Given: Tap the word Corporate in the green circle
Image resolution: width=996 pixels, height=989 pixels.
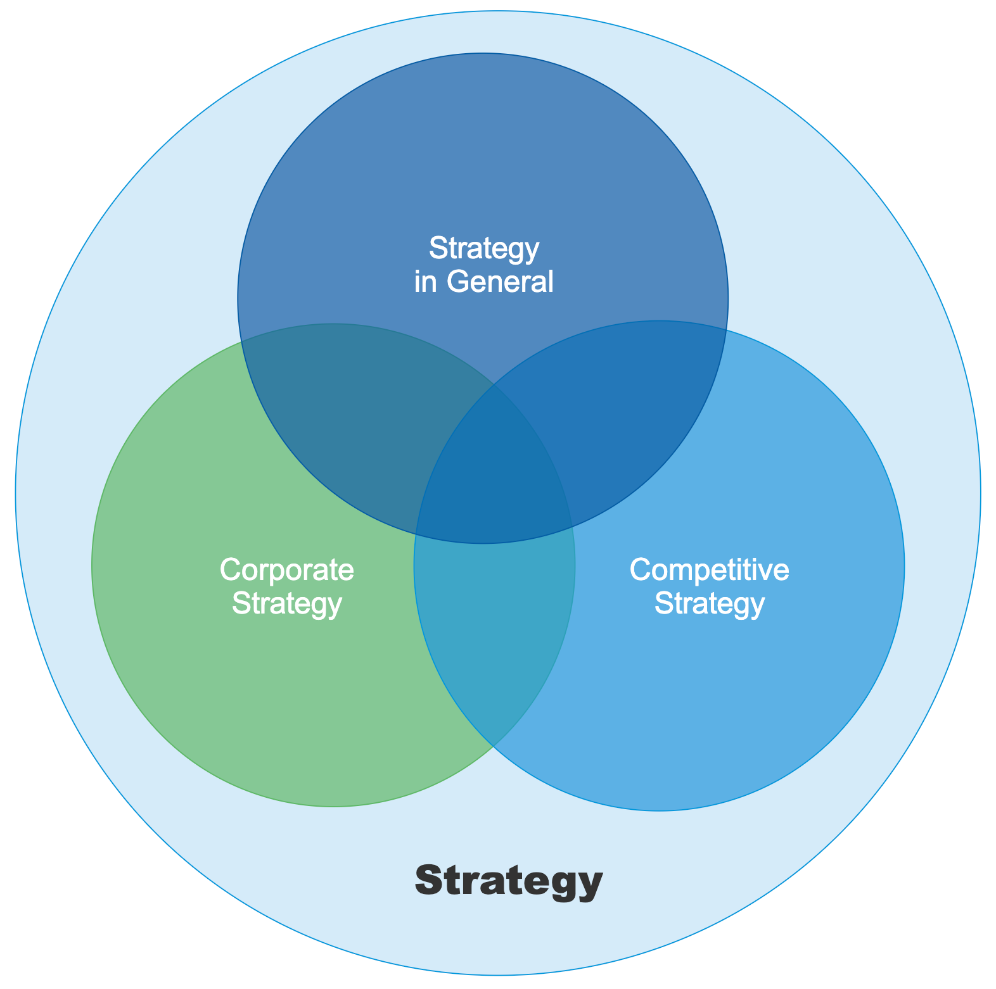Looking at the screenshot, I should (287, 570).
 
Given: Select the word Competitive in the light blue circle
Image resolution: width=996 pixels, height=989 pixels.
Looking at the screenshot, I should (710, 570).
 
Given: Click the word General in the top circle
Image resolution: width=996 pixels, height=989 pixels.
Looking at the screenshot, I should (500, 281).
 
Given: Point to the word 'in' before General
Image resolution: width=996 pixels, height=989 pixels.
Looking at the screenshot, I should (425, 281).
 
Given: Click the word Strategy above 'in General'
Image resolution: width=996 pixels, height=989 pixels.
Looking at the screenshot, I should (484, 248).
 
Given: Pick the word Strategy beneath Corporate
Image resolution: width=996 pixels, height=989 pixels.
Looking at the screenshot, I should (287, 603).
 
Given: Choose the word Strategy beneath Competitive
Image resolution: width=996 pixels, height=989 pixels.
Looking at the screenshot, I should (710, 603).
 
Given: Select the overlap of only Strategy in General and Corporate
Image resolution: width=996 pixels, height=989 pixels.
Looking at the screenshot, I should (355, 412).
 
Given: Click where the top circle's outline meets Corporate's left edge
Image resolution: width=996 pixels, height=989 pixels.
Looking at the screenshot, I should (241, 343).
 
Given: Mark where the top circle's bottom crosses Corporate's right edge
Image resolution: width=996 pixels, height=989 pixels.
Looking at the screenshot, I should (571, 526).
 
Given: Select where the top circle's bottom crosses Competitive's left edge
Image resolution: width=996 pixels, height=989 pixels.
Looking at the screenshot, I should (416, 532).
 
